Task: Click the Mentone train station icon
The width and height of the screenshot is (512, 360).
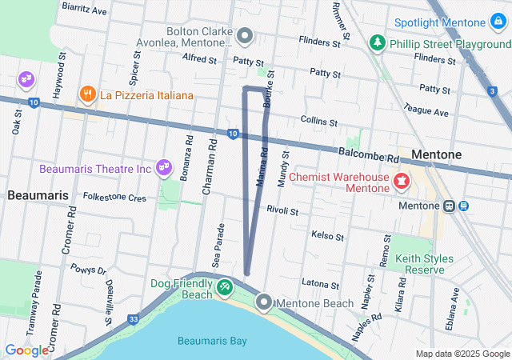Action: tap(450, 206)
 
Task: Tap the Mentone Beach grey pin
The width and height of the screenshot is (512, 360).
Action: tap(264, 302)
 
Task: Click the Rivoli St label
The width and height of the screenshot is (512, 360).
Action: tap(282, 211)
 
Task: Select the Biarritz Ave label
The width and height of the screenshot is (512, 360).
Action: tap(84, 11)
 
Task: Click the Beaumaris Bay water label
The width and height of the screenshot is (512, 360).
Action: tap(212, 342)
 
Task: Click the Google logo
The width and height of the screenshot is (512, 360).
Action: tap(26, 350)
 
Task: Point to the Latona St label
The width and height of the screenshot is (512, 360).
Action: tap(322, 283)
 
